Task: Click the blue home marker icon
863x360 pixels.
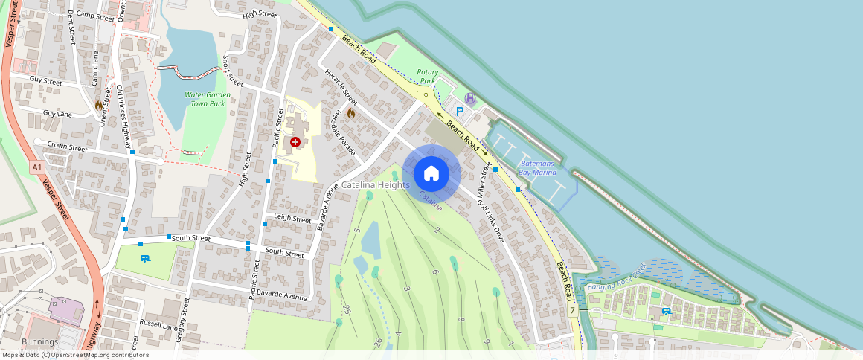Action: [431, 174]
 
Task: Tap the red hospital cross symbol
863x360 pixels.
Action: [295, 141]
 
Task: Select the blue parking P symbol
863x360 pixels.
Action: [460, 112]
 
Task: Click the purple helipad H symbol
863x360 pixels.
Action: [469, 98]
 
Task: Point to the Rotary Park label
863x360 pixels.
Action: [428, 77]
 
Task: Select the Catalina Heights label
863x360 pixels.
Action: [375, 184]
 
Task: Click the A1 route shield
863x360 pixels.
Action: [36, 168]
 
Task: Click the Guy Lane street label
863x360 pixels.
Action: [57, 114]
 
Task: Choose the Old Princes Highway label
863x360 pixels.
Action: [124, 116]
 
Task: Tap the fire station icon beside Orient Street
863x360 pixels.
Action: [98, 106]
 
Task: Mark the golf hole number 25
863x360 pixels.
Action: [347, 308]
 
